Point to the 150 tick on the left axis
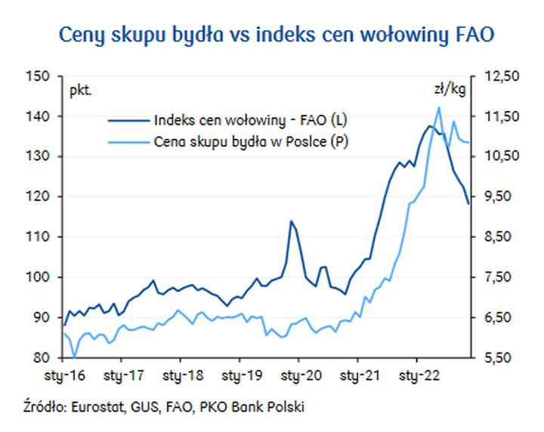click(x=39, y=76)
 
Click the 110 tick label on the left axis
click(x=39, y=237)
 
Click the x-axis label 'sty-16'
click(x=64, y=374)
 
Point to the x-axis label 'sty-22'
click(x=420, y=374)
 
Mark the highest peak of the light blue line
click(x=439, y=107)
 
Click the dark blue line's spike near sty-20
click(x=291, y=221)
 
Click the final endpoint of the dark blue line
click(x=468, y=203)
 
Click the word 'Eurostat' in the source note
click(x=94, y=408)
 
